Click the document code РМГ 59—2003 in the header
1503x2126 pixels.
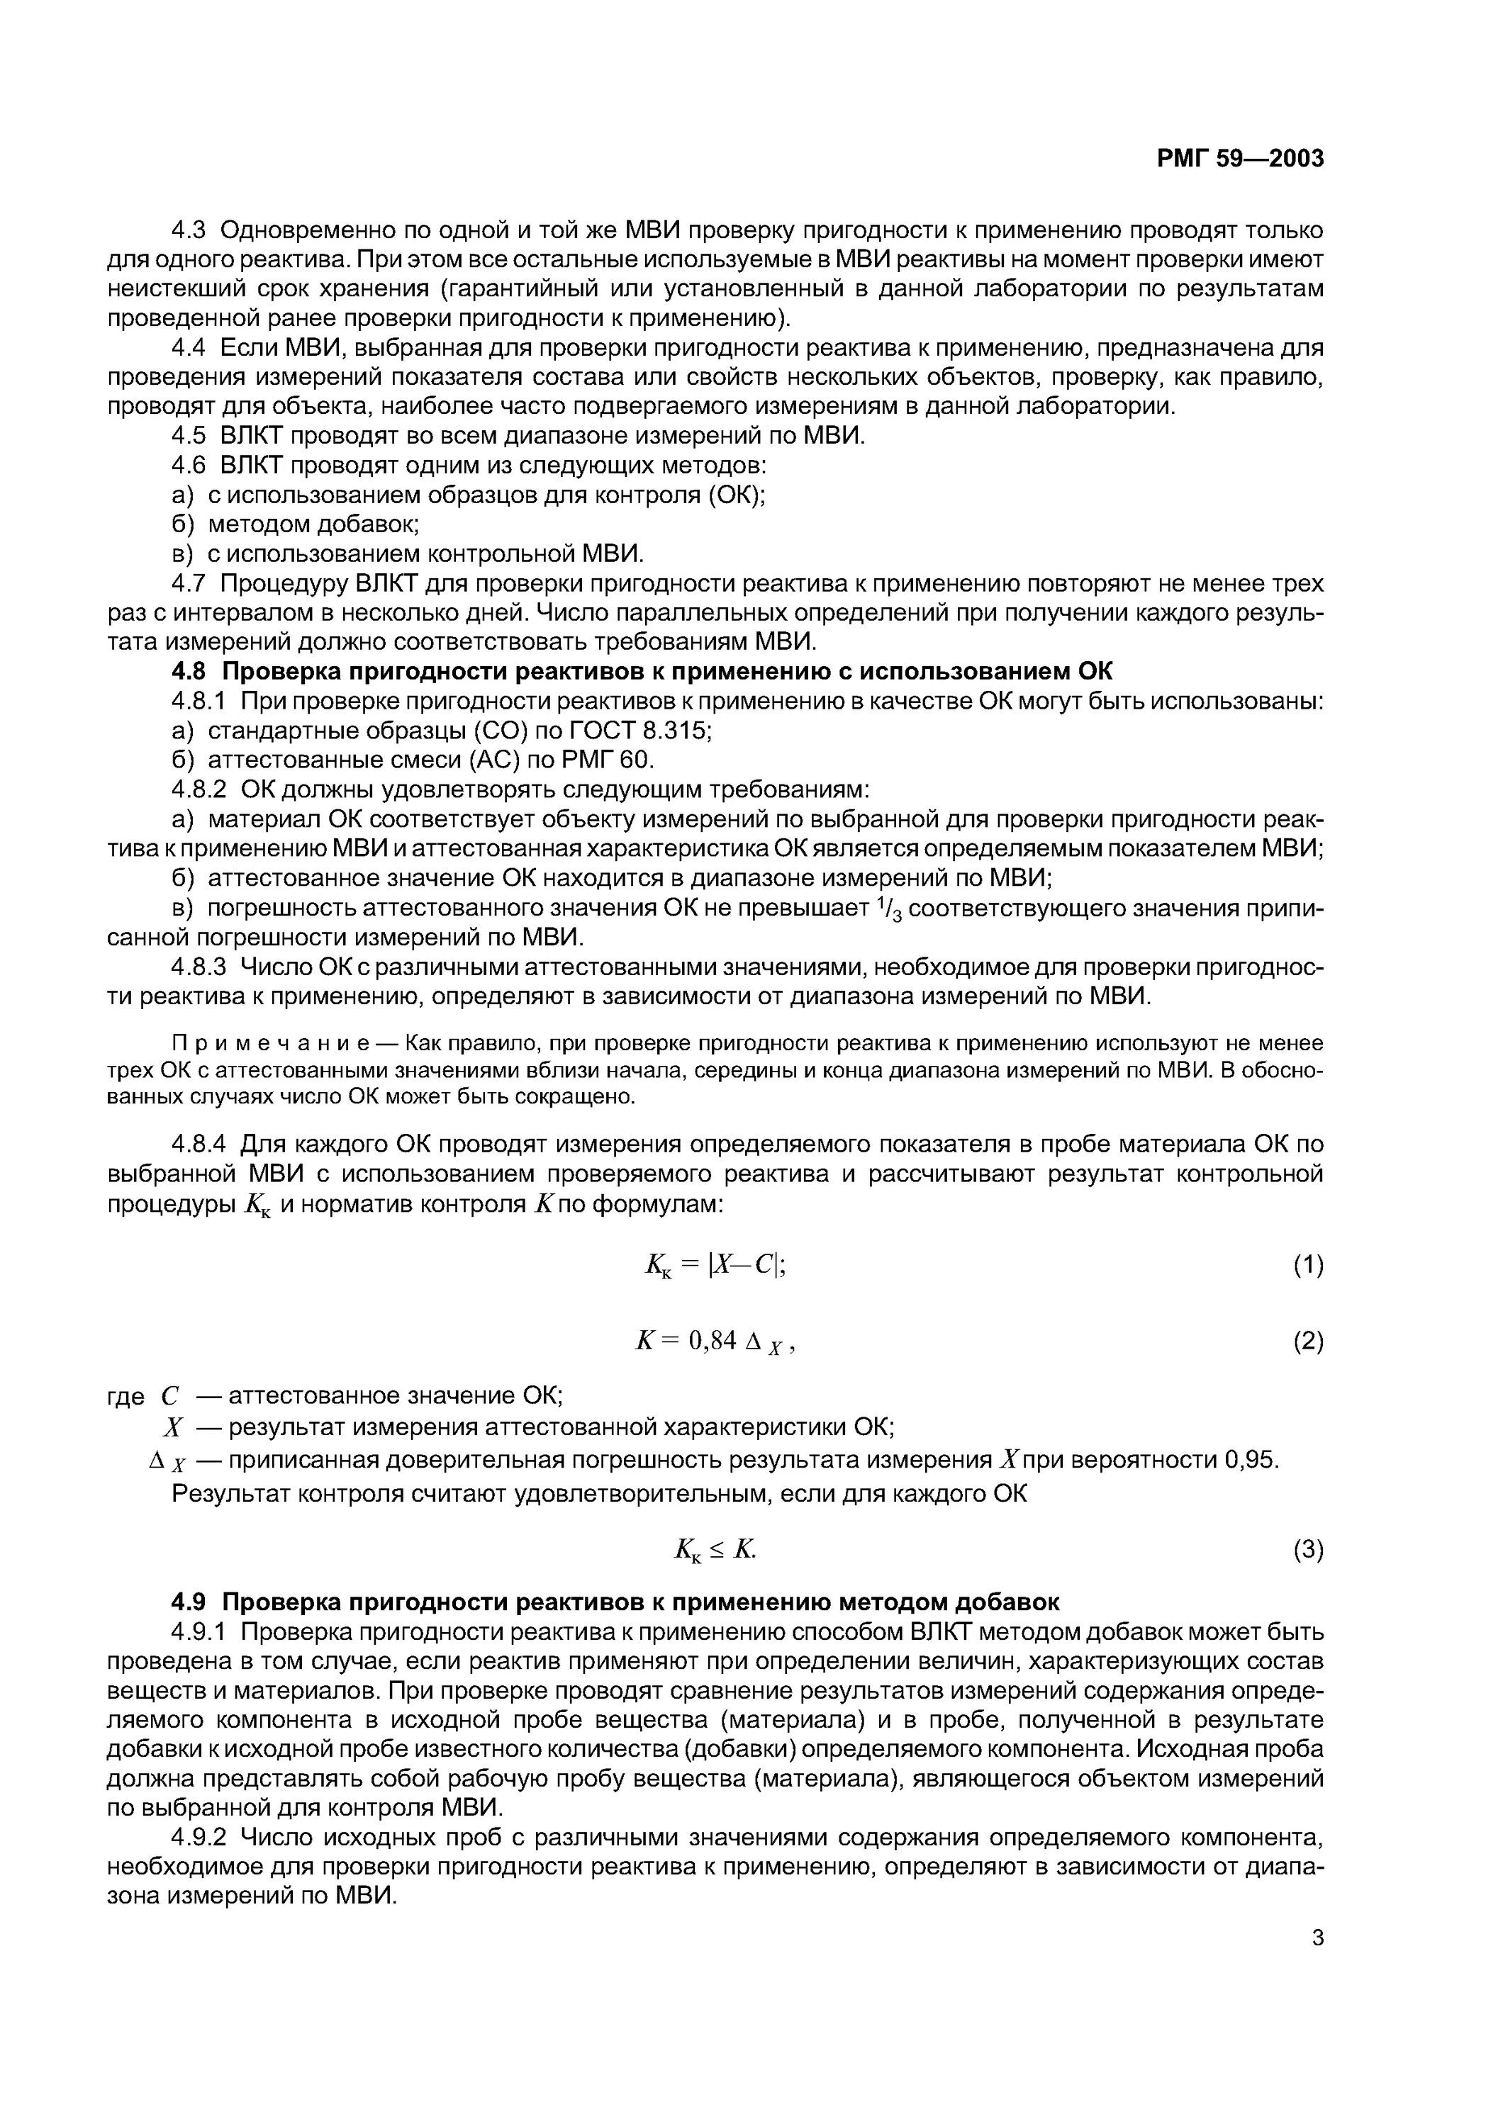pos(1240,158)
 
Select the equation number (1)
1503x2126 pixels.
pos(1307,1265)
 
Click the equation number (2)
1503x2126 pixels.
pos(1307,1341)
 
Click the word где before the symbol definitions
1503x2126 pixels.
pos(126,1396)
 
